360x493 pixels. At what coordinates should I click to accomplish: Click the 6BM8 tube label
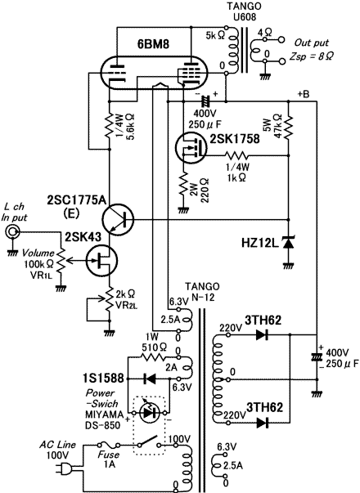(x=153, y=44)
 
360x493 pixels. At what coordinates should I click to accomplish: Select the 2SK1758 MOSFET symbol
(x=191, y=147)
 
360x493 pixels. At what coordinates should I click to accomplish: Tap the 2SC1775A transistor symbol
(x=118, y=219)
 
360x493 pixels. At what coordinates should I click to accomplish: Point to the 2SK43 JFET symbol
(x=101, y=261)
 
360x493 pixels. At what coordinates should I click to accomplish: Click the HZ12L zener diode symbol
(x=289, y=243)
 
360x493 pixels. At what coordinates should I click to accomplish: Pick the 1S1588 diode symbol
(x=149, y=379)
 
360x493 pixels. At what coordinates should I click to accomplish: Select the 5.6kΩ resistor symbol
(x=110, y=125)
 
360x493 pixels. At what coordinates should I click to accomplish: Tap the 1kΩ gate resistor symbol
(x=236, y=155)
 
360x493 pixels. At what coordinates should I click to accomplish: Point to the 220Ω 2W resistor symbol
(x=183, y=186)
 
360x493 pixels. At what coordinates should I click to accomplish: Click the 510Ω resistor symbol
(x=152, y=357)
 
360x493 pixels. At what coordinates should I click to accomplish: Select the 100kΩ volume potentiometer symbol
(x=61, y=261)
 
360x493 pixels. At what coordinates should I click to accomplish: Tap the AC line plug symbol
(x=65, y=469)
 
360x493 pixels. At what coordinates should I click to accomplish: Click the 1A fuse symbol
(x=108, y=445)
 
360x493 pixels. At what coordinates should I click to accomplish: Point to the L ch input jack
(x=12, y=232)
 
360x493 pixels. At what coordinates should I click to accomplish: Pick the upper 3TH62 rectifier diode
(x=262, y=335)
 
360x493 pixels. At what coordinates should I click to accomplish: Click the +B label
(x=304, y=94)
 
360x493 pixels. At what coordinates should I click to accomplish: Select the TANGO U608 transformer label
(x=245, y=11)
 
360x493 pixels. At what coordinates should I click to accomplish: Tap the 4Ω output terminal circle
(x=282, y=40)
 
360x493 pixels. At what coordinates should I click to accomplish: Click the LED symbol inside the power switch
(x=149, y=412)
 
